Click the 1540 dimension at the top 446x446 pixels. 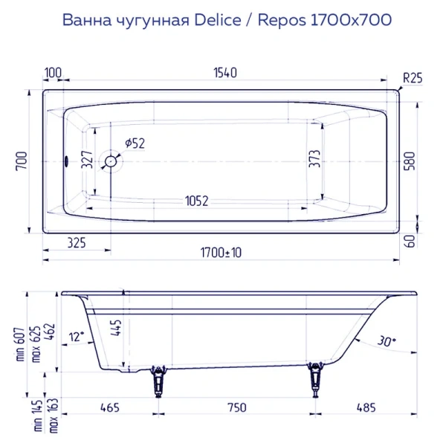[x=224, y=73]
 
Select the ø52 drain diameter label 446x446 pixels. [x=134, y=144]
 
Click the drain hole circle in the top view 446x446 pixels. [x=111, y=161]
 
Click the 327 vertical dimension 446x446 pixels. [x=87, y=159]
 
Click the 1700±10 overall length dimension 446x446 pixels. [x=222, y=253]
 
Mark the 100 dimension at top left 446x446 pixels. [x=53, y=73]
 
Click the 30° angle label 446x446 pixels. [x=385, y=341]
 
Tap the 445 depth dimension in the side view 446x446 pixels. [x=114, y=328]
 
